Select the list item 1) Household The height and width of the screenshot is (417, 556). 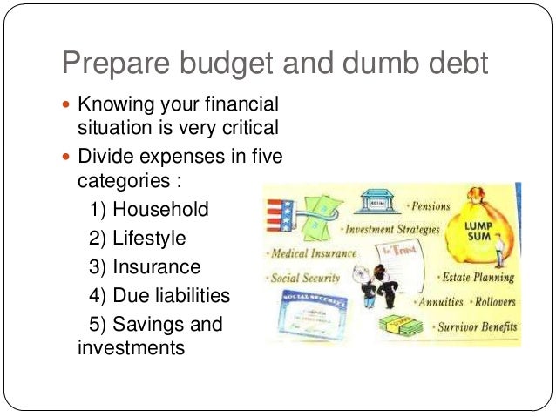coord(149,210)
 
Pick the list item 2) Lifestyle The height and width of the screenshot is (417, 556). coord(137,238)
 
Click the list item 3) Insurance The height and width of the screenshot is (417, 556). coord(145,266)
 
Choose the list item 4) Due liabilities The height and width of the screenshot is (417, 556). coord(159,295)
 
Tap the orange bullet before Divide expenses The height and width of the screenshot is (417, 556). coord(69,158)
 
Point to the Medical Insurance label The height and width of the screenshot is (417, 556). coord(313,253)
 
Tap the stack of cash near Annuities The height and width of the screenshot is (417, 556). coord(401,326)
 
